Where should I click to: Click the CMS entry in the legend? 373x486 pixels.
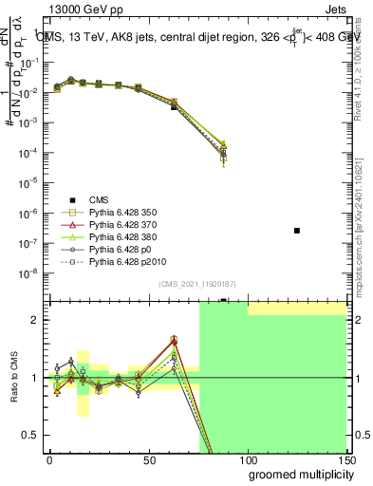(x=100, y=198)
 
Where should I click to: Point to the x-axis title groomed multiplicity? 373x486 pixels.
(x=296, y=473)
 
